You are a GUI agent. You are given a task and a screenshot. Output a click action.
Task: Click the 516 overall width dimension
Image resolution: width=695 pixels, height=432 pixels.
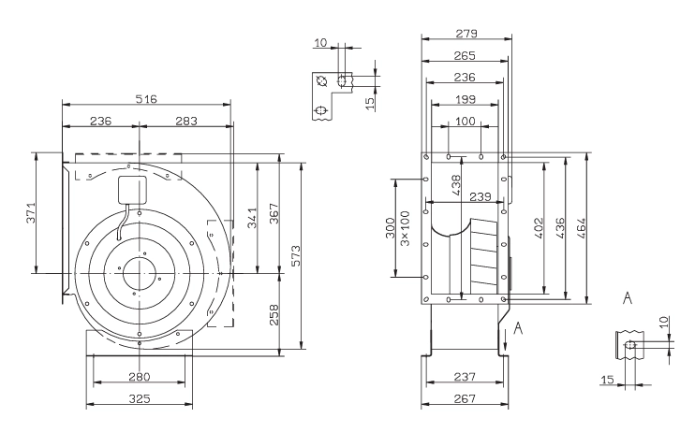pyautogui.click(x=146, y=99)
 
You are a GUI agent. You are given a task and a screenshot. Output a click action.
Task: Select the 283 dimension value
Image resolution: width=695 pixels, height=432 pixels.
pyautogui.click(x=186, y=121)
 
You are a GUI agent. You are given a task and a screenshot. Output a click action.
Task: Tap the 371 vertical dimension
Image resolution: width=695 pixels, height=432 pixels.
pyautogui.click(x=30, y=213)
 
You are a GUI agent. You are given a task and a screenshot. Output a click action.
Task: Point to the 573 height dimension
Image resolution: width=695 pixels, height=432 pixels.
pyautogui.click(x=295, y=256)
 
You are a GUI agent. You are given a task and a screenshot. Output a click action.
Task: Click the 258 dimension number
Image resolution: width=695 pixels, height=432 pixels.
pyautogui.click(x=274, y=315)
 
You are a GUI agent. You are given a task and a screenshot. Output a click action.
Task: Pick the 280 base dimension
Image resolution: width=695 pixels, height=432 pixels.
pyautogui.click(x=140, y=377)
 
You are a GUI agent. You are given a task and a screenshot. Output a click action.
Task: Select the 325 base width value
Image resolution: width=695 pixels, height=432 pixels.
pyautogui.click(x=140, y=398)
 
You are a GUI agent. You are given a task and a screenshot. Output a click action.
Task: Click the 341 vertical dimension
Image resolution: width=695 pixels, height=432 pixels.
pyautogui.click(x=252, y=218)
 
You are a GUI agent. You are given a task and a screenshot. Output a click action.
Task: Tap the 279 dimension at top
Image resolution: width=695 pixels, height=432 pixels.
pyautogui.click(x=466, y=34)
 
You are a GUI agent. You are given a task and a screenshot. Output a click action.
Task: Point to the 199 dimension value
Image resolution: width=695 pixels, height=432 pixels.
pyautogui.click(x=466, y=99)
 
